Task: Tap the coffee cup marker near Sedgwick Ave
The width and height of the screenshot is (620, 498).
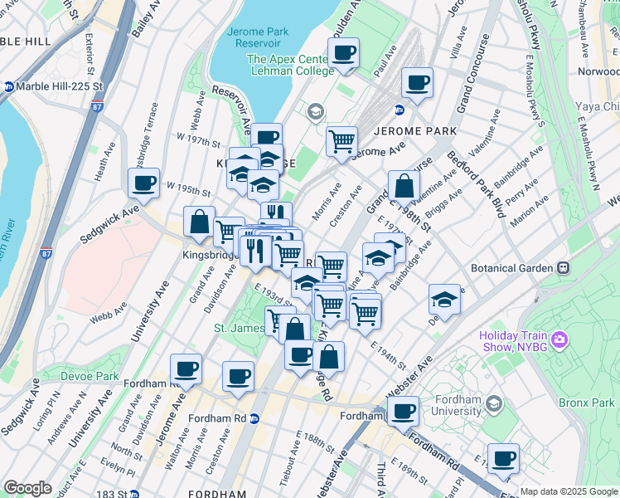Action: tap(143, 183)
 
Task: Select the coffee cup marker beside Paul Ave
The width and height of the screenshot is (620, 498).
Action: tap(343, 54)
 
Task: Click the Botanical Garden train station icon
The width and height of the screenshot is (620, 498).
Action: tap(564, 268)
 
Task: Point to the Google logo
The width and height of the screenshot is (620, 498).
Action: tap(27, 488)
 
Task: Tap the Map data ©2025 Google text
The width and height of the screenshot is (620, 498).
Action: tap(568, 491)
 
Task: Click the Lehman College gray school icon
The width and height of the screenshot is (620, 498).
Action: tap(315, 111)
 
